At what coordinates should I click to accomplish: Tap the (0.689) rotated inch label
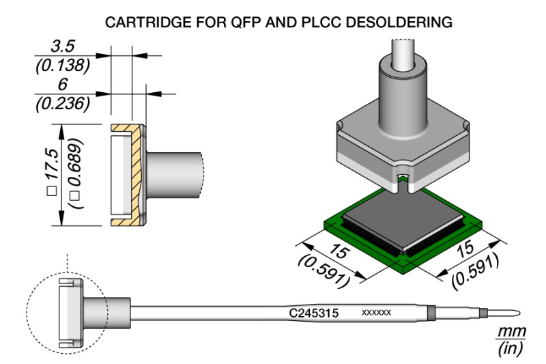tap(76, 174)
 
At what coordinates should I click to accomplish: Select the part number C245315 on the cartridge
tap(314, 312)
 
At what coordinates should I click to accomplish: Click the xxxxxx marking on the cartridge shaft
tap(376, 312)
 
